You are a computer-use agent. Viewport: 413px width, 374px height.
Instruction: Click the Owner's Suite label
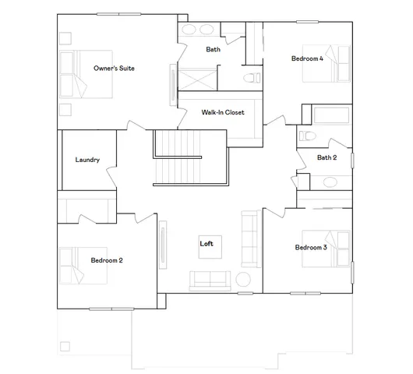coord(115,69)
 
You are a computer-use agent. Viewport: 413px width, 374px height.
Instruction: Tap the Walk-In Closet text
coord(223,112)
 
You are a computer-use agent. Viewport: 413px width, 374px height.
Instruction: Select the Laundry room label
coord(87,160)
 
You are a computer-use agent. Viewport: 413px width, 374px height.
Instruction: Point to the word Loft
coord(206,244)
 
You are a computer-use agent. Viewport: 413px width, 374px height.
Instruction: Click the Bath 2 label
coord(327,157)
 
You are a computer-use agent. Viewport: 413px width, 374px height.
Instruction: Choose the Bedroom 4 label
coord(306,58)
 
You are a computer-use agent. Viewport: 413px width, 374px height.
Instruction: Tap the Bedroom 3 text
coord(310,248)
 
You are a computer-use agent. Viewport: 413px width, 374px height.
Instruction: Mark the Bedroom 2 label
coord(106,260)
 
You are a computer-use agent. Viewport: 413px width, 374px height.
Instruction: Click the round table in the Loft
coord(242,279)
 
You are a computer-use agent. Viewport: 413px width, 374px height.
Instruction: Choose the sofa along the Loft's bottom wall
coord(209,279)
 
